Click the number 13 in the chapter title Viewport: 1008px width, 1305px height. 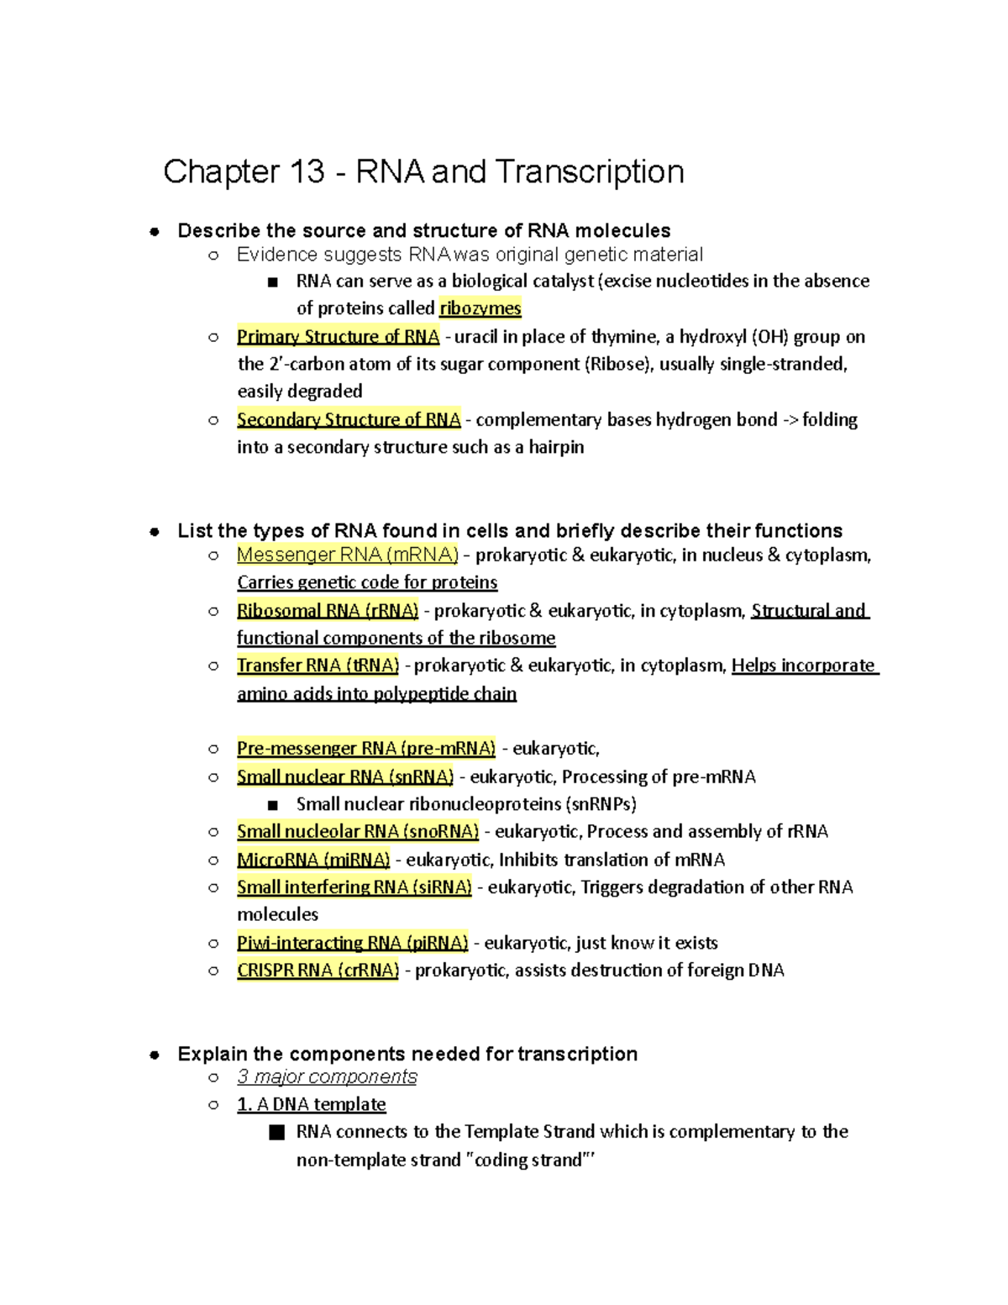click(x=307, y=172)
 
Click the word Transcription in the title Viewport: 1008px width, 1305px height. click(x=589, y=172)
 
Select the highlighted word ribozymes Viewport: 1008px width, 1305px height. click(x=480, y=308)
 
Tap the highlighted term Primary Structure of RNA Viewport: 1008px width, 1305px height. click(x=338, y=337)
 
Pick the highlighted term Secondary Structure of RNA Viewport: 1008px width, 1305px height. click(x=349, y=419)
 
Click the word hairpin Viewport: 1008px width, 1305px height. click(x=556, y=447)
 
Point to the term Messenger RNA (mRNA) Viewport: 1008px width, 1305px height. click(x=347, y=555)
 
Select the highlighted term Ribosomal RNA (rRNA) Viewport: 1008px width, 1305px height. click(x=328, y=611)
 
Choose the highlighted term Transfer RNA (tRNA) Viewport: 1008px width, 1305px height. click(x=318, y=666)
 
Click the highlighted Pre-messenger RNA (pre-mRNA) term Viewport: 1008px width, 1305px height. click(x=366, y=748)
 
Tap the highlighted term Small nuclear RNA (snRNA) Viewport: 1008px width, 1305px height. click(x=345, y=776)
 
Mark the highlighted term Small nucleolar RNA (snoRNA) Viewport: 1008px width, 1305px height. click(x=358, y=831)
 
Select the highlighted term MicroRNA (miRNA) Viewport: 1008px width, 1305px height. click(x=313, y=860)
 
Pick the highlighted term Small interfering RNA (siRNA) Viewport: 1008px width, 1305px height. click(x=354, y=887)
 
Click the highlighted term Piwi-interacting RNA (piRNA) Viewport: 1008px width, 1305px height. click(x=352, y=943)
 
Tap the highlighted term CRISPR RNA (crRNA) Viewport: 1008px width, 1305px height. click(x=318, y=971)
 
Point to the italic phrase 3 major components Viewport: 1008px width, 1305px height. click(x=327, y=1076)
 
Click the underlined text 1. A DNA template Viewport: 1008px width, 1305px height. click(x=312, y=1104)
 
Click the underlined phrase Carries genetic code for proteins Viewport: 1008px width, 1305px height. click(x=367, y=582)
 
